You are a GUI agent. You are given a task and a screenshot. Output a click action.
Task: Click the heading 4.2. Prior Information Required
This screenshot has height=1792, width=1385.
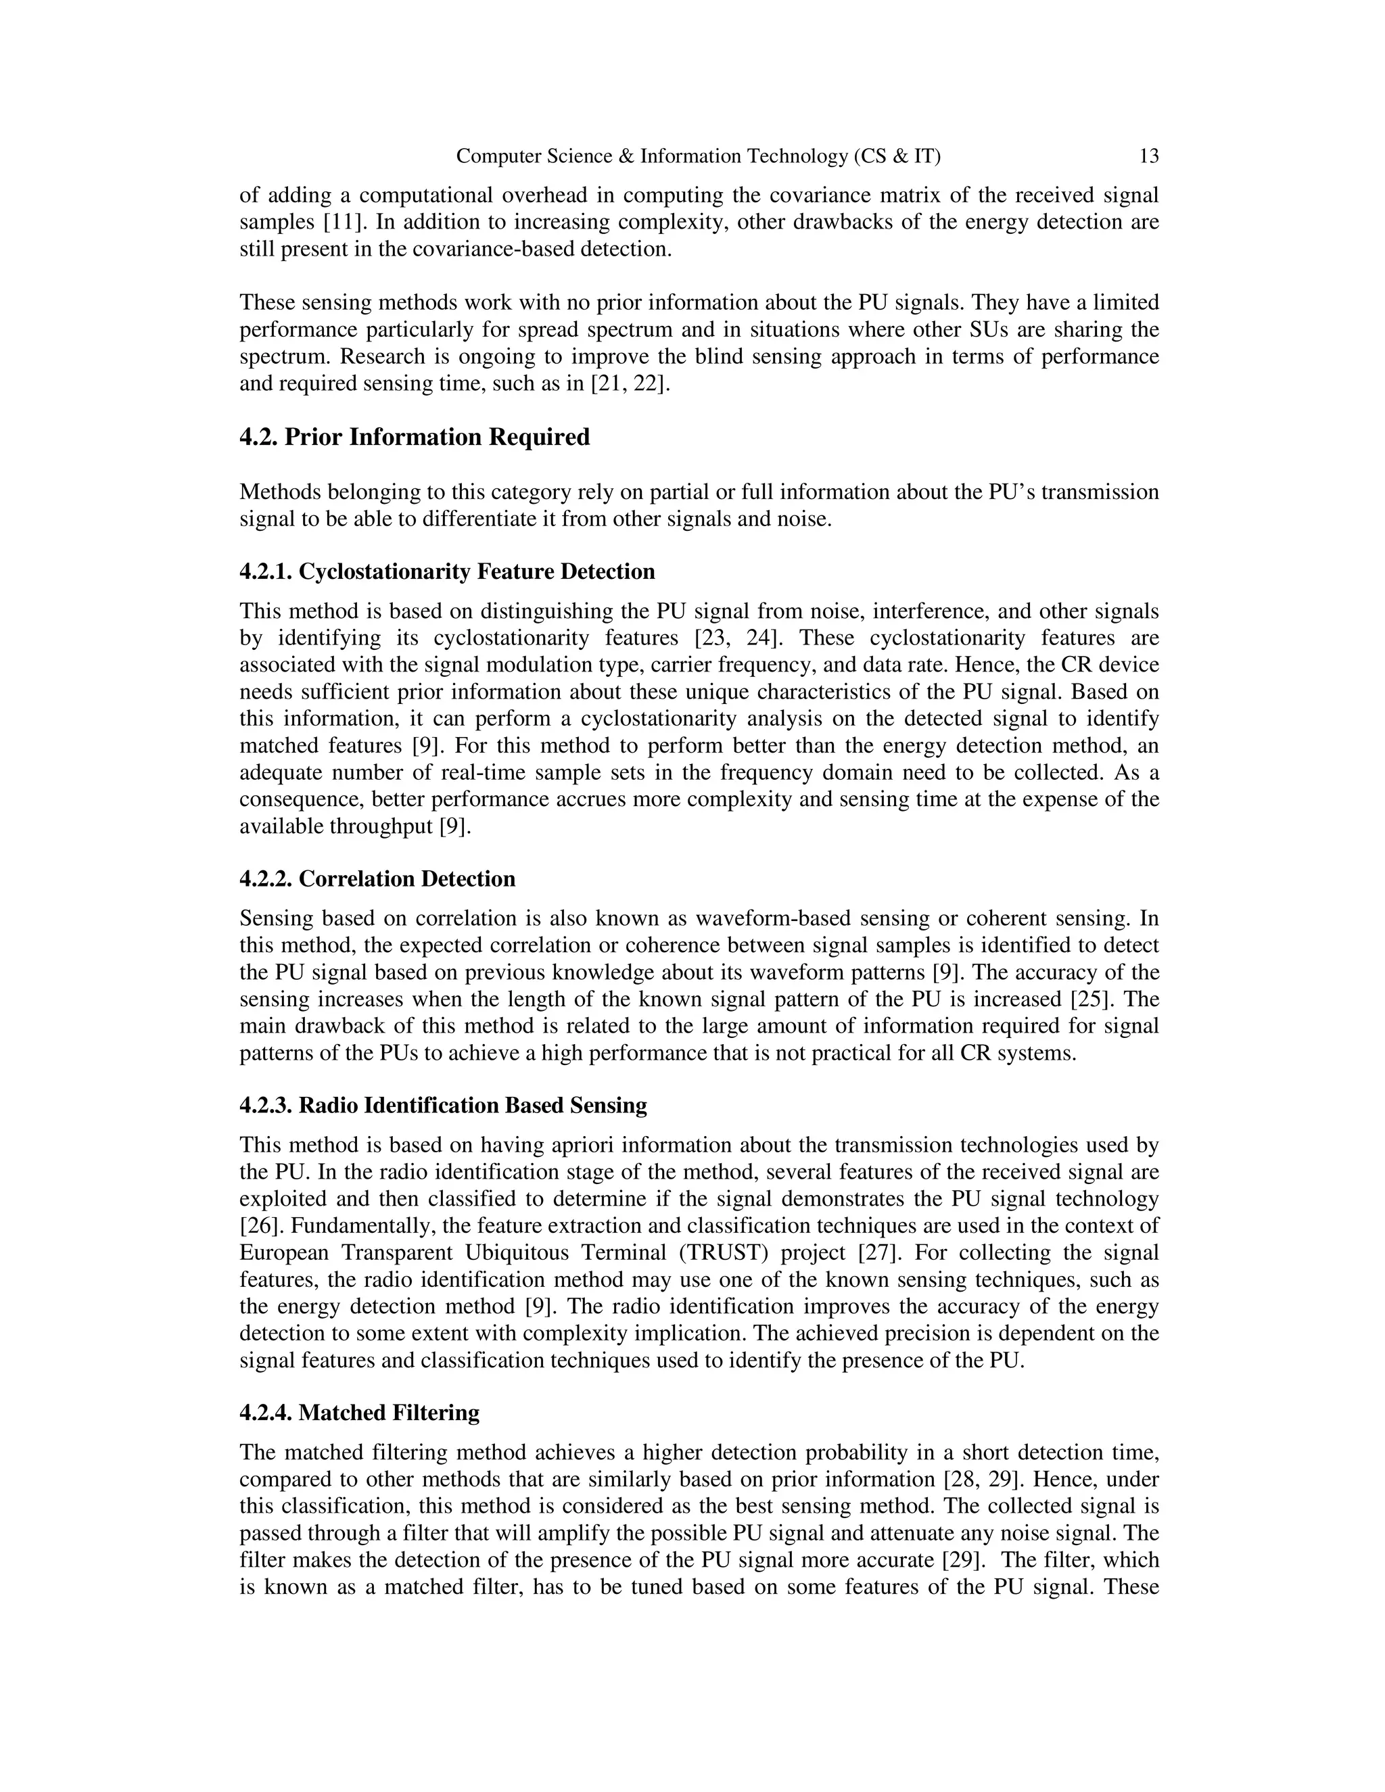(x=415, y=438)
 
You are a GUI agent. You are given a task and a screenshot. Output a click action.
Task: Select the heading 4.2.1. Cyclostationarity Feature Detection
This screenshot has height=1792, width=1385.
(x=447, y=572)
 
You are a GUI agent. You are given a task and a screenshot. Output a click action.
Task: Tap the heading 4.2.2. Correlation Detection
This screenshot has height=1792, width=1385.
(x=377, y=879)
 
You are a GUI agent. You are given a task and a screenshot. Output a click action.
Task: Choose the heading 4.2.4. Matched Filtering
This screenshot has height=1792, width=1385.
(x=359, y=1412)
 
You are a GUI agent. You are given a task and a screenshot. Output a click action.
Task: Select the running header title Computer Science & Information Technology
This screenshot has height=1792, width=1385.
(x=697, y=156)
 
